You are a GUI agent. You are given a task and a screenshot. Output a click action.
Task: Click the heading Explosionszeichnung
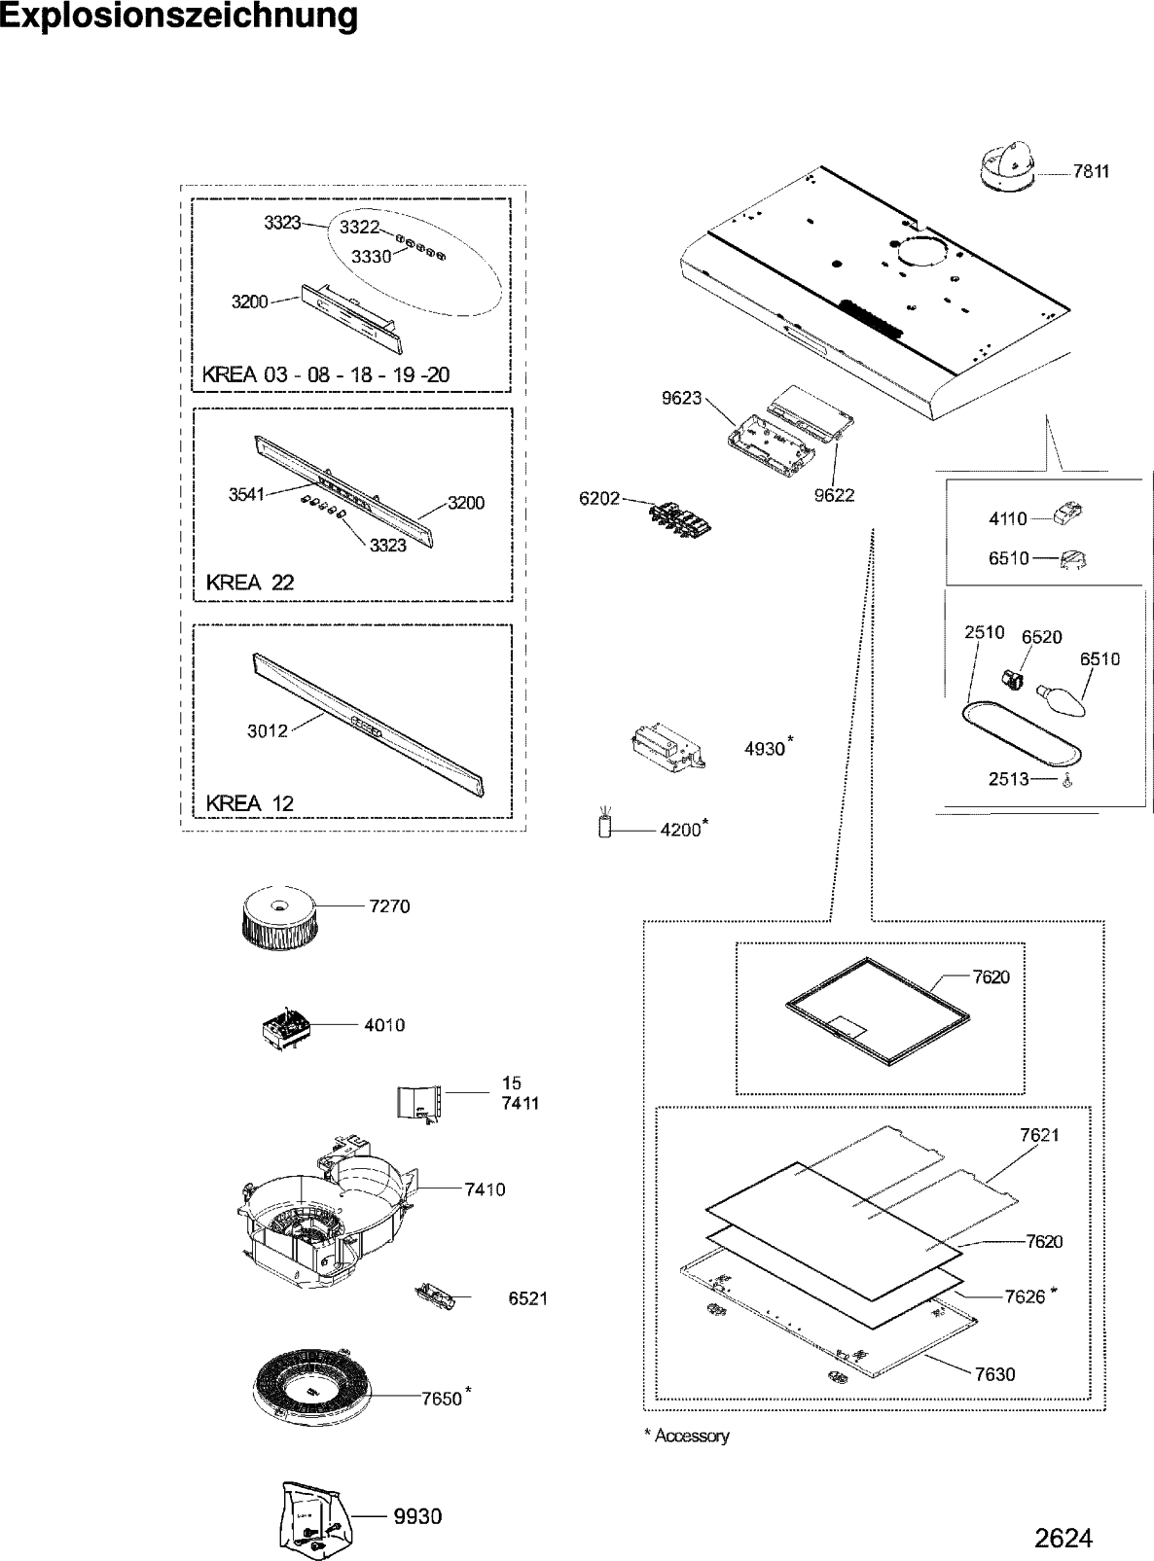(179, 18)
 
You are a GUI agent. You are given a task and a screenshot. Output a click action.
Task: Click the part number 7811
(1091, 172)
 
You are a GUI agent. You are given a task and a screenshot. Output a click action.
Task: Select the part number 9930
(417, 1516)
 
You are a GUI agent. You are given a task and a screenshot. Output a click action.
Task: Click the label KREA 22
(250, 583)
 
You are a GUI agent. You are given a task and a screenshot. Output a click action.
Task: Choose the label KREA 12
(250, 803)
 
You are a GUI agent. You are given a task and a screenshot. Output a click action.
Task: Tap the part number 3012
(268, 730)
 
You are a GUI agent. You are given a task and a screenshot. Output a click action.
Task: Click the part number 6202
(599, 498)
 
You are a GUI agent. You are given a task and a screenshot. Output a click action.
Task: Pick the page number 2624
(1063, 1539)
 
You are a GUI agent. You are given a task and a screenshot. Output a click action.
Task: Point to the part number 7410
(485, 1188)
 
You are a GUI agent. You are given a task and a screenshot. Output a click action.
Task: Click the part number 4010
(384, 1024)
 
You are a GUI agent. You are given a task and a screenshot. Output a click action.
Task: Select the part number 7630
(994, 1374)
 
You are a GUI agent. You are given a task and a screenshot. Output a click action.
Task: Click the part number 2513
(1009, 779)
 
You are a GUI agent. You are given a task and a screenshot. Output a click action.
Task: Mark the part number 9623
(681, 398)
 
